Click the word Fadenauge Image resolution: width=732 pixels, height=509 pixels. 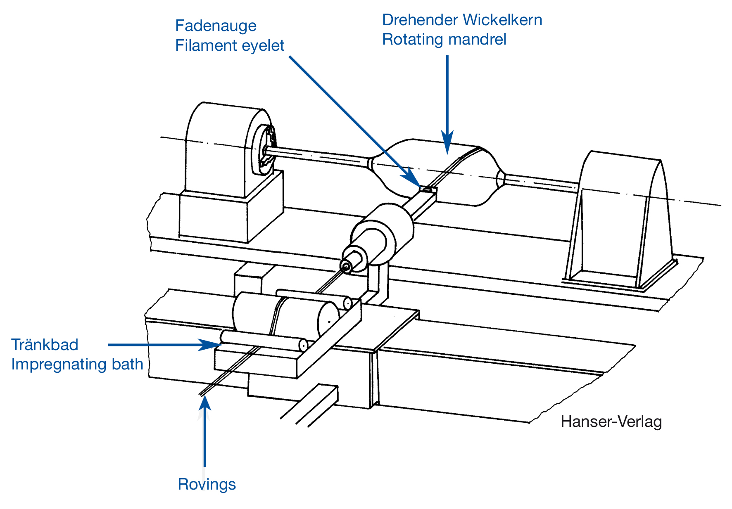click(216, 26)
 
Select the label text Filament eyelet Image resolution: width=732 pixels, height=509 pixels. click(230, 45)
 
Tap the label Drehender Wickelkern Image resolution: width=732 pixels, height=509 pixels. click(462, 20)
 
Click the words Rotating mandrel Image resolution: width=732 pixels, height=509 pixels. click(444, 39)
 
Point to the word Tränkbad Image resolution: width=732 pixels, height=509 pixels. click(45, 345)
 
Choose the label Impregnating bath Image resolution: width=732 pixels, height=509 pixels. click(77, 365)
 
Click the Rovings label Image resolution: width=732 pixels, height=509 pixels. click(207, 484)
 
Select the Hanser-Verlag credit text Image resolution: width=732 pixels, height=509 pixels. click(611, 421)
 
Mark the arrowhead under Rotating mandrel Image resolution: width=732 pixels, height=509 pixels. click(447, 142)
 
